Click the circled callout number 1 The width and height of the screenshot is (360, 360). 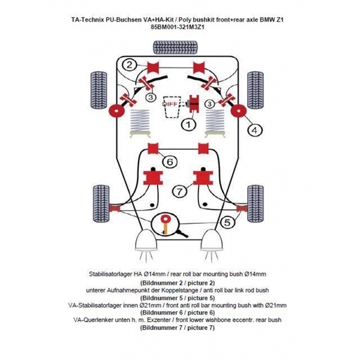(188, 124)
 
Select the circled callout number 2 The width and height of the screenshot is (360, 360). (129, 64)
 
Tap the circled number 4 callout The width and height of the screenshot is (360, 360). (254, 129)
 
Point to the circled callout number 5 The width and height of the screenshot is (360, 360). (226, 223)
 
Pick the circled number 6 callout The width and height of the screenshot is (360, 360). (169, 161)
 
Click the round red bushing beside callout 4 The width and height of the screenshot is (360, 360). (238, 112)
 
